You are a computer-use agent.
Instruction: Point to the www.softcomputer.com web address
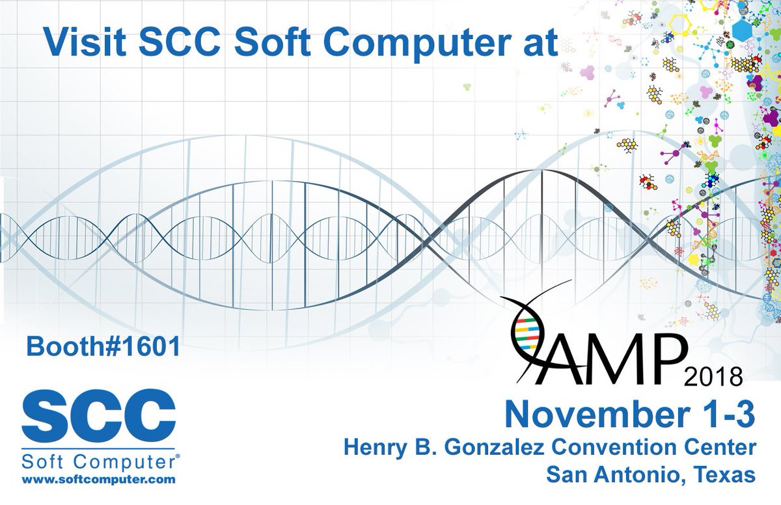(x=99, y=480)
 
